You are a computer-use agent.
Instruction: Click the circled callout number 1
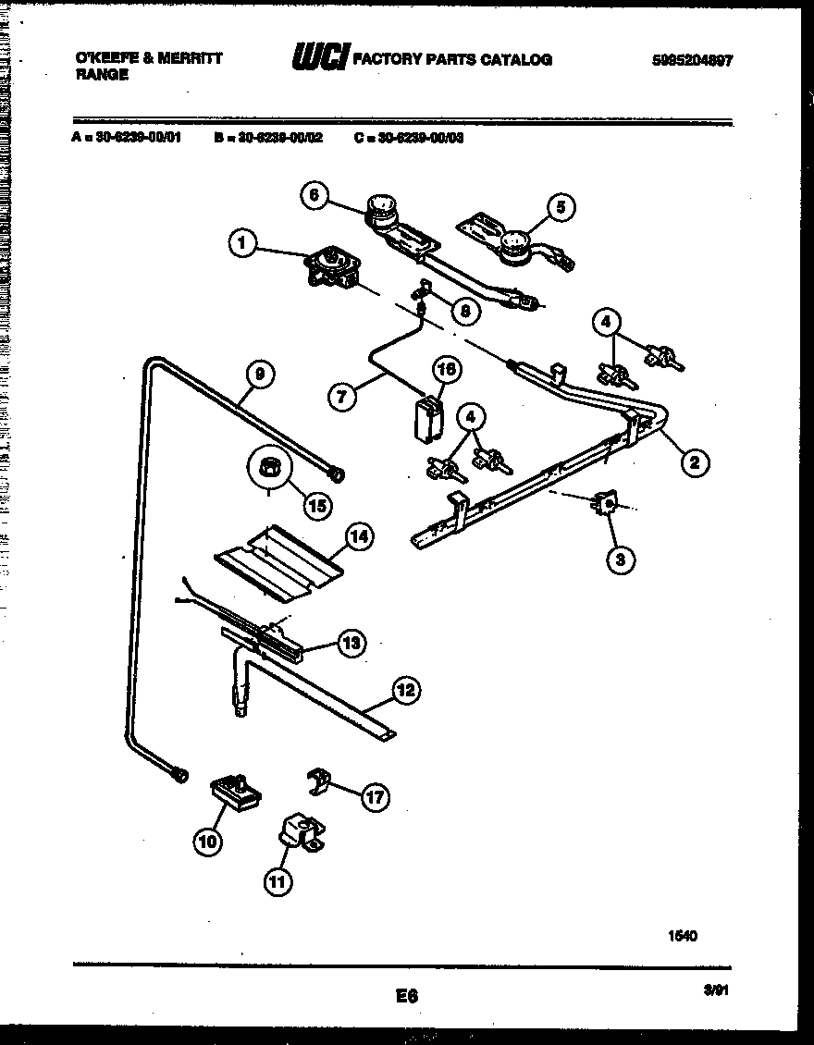[242, 244]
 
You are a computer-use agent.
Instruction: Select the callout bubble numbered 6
[314, 195]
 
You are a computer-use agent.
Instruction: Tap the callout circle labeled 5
[559, 208]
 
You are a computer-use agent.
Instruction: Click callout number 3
[621, 558]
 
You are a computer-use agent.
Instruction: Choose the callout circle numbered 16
[446, 370]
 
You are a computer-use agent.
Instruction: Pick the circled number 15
[317, 506]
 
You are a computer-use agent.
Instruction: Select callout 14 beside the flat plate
[359, 535]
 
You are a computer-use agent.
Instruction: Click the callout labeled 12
[405, 689]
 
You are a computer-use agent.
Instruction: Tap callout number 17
[375, 797]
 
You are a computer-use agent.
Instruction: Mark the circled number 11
[277, 881]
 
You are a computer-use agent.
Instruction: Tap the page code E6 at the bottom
[407, 996]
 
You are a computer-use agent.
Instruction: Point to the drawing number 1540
[683, 936]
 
